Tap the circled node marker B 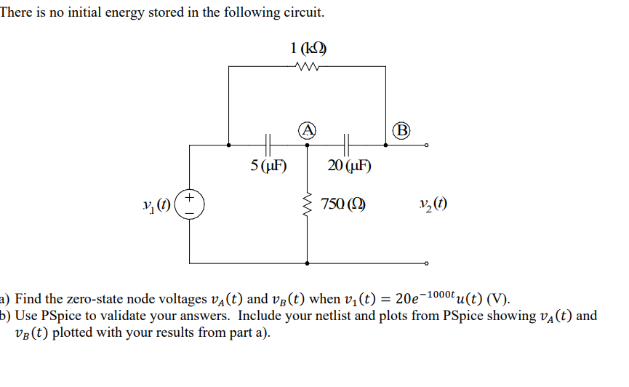(401, 131)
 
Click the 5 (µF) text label (268, 165)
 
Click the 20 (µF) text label (349, 165)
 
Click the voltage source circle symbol (190, 204)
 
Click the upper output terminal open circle (427, 145)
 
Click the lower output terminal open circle (427, 263)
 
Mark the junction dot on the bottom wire (307, 263)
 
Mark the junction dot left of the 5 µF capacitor (229, 145)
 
